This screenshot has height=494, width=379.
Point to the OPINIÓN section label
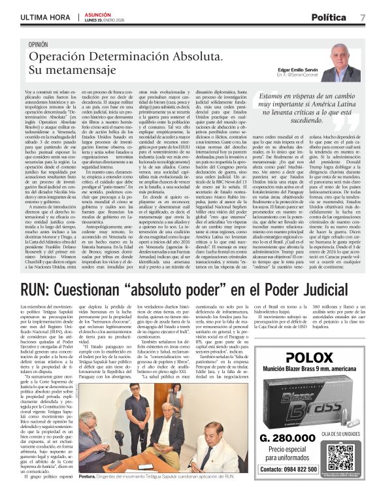[39, 44]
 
